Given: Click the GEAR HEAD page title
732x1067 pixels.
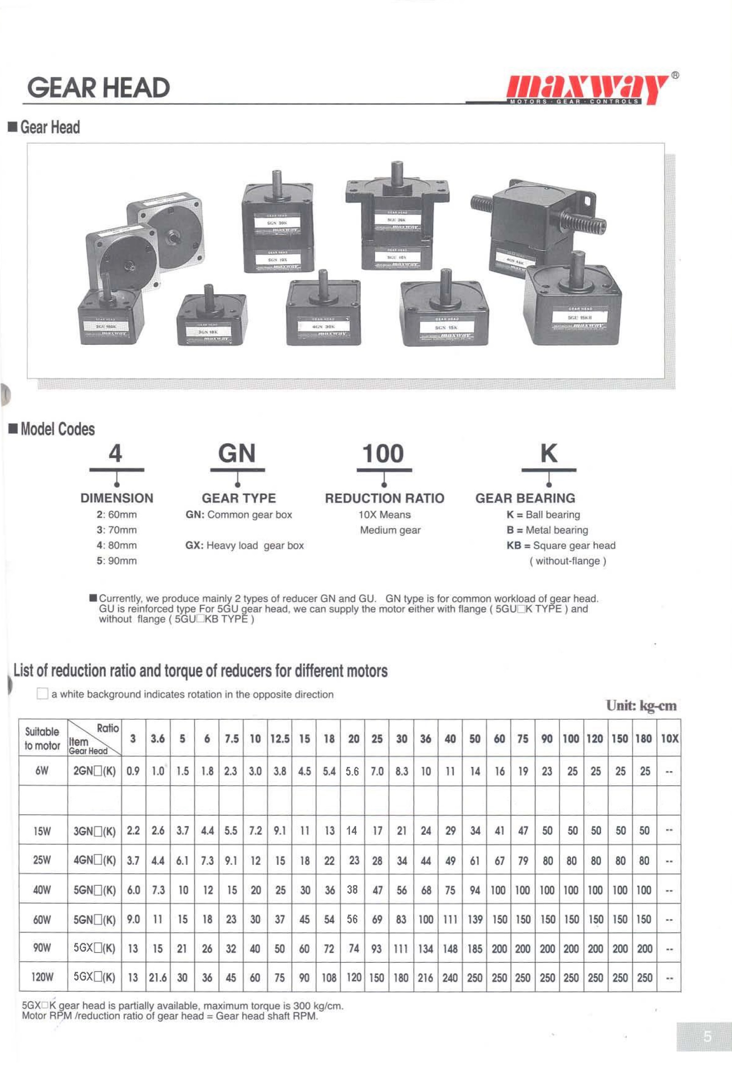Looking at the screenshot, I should click(98, 88).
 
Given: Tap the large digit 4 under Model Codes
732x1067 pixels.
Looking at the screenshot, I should click(115, 454).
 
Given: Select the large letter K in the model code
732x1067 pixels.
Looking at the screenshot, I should click(549, 453).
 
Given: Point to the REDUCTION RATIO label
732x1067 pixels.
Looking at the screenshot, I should click(385, 498).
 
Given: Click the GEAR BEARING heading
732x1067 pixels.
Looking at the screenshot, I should click(525, 498).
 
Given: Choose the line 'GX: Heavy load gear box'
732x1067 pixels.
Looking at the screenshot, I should click(244, 546).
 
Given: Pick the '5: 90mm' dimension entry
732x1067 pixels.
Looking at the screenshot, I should click(117, 561).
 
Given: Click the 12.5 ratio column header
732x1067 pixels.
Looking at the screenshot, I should click(280, 739).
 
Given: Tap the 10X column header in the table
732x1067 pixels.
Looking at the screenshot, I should click(669, 739).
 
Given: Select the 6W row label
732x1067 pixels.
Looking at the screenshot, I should click(42, 771).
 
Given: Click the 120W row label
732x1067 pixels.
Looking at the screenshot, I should click(42, 977).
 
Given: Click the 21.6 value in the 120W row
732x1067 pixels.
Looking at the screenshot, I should click(158, 977).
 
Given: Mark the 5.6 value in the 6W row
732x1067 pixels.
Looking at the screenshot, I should click(352, 771).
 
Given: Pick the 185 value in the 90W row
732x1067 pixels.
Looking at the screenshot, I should click(474, 949).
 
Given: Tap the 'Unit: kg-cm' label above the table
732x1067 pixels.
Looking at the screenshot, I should click(641, 706).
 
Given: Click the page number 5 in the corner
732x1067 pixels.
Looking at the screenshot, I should click(707, 1036).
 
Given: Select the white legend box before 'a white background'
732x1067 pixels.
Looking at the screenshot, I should click(42, 694).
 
